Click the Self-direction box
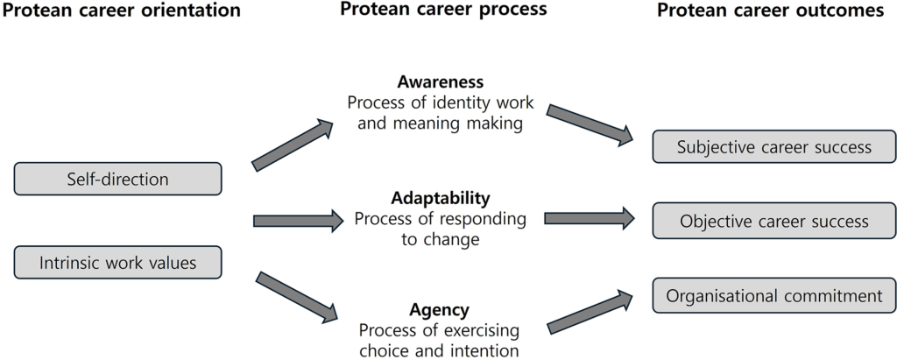point(117,179)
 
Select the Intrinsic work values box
point(117,262)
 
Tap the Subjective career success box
point(774,146)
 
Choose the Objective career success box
point(774,221)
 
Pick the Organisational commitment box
point(774,296)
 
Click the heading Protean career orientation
point(121,11)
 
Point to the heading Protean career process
point(443,10)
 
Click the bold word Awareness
point(440,81)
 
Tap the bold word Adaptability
point(441,198)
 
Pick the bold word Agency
point(440,310)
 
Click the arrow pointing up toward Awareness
point(293,145)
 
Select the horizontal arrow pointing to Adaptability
point(299,221)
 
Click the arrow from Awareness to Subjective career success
point(590,123)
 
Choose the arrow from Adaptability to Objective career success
point(590,218)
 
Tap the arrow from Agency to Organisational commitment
point(590,312)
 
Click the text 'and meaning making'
point(440,124)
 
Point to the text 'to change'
point(440,239)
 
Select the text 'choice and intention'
point(440,349)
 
